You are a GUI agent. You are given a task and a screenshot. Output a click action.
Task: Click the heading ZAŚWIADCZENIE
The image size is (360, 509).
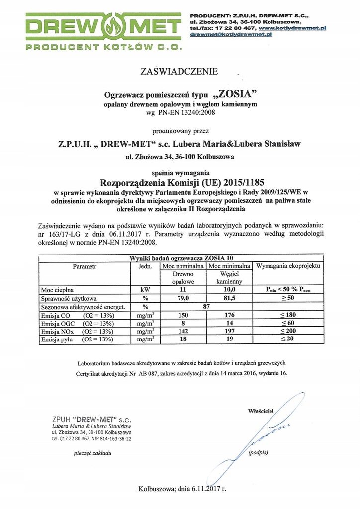coord(180,72)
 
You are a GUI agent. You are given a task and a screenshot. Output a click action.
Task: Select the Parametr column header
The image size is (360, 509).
coord(84,266)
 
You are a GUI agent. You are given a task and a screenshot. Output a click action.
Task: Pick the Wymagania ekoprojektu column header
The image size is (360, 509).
coord(288,266)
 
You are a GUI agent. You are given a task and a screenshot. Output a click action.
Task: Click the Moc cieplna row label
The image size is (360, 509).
coord(58,289)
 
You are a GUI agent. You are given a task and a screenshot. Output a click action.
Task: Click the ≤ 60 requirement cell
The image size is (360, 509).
coord(288,324)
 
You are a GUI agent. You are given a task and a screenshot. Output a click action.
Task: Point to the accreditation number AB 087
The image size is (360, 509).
coord(151,372)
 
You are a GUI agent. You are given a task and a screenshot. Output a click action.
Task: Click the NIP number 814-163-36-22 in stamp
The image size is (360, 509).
coord(112,438)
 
